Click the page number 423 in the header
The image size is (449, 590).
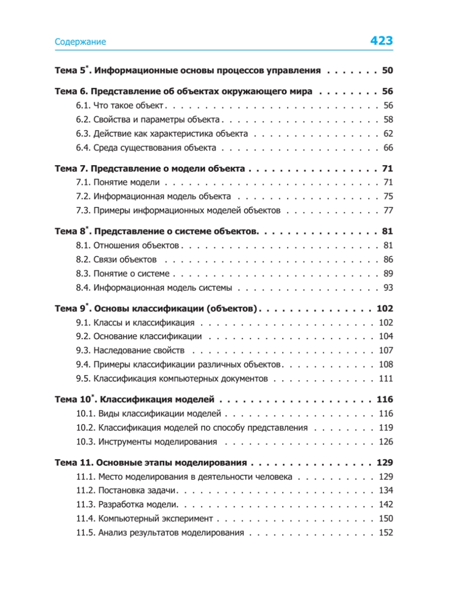[381, 41]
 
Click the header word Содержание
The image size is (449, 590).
[80, 42]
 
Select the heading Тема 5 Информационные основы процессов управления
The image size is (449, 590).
[187, 70]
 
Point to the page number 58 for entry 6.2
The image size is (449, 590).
[388, 119]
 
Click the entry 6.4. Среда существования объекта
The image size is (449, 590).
[146, 148]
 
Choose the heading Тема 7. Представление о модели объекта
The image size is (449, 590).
[150, 169]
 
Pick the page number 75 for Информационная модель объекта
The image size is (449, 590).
[388, 197]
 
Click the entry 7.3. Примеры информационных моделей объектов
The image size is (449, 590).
[179, 211]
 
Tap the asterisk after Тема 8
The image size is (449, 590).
[87, 228]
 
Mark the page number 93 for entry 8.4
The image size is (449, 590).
[388, 288]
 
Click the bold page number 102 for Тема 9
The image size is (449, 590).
[385, 309]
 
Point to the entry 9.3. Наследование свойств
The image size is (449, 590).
[130, 351]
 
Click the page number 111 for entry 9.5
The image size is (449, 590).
[386, 379]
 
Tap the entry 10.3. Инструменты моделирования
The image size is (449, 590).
[147, 442]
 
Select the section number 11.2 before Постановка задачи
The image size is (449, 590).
[85, 491]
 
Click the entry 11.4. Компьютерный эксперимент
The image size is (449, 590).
[145, 519]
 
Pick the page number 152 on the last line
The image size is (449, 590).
[386, 533]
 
